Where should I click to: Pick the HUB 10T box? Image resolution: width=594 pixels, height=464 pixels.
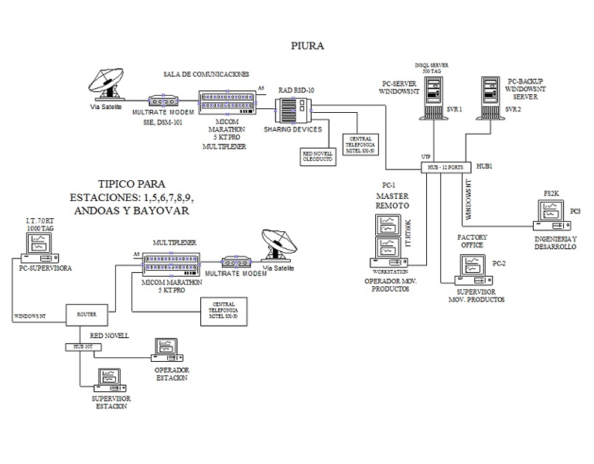pos(84,346)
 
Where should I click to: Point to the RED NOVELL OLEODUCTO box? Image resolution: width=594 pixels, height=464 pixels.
pos(317,154)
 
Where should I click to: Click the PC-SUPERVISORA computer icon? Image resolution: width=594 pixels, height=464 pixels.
pos(38,248)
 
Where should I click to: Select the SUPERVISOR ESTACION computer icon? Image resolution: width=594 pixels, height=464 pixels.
pos(108,380)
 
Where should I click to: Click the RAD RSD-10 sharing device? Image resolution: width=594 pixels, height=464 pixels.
pos(294,113)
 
